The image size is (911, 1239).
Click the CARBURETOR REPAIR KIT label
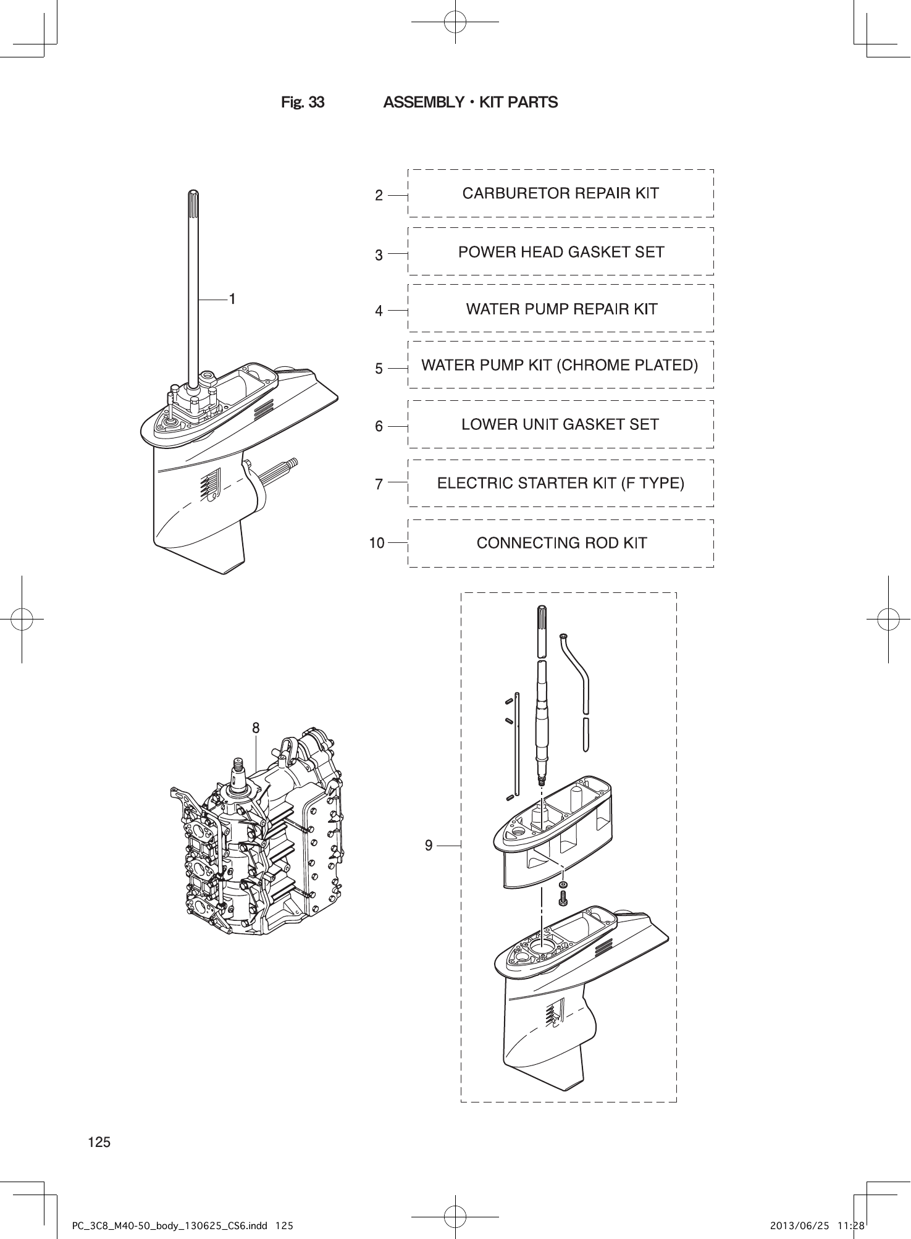coord(560,193)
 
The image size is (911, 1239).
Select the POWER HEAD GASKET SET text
coord(561,252)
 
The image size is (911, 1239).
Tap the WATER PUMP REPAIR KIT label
coord(561,309)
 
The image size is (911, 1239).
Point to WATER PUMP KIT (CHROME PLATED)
coord(560,365)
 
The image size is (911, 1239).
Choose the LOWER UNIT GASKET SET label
coord(560,424)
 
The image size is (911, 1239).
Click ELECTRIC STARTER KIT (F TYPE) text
coord(560,483)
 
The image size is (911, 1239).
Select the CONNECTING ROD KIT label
coord(561,543)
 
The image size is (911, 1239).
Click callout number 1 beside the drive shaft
coord(232,299)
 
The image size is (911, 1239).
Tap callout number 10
coord(377,543)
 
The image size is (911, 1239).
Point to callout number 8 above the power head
coord(256,728)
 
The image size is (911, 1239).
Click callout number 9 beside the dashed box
coord(429,845)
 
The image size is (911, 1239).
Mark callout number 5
coord(379,369)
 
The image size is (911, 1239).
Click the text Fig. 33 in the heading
coord(303,103)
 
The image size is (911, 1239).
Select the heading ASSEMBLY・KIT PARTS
coord(470,103)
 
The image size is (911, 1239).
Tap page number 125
coord(99,1142)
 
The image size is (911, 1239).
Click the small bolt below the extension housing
coord(563,899)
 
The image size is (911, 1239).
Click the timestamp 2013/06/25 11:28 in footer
coord(817,1224)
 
